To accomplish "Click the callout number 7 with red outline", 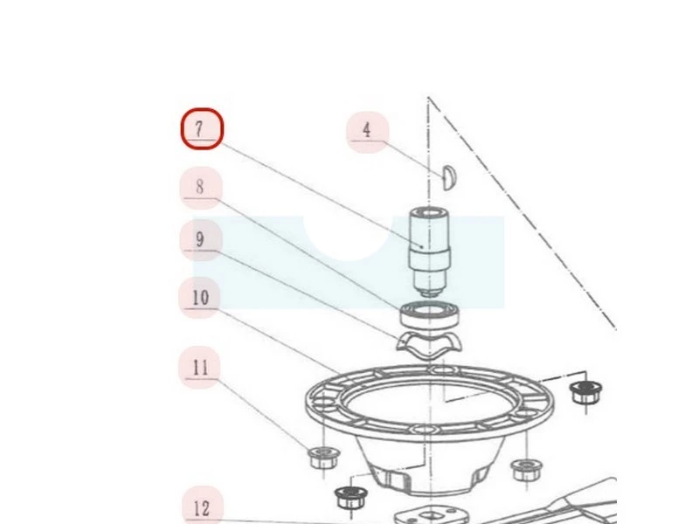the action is tap(202, 128).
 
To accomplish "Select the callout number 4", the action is tap(367, 132).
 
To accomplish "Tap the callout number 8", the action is tap(201, 188).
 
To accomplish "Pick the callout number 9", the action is tap(201, 240).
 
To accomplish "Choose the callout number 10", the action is tap(200, 298).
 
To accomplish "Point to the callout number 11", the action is tap(200, 368).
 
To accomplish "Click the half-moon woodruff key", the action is tap(447, 177).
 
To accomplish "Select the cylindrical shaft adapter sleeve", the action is tap(429, 252).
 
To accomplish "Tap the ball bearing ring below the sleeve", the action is tap(429, 315).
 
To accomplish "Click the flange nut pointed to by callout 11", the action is tap(323, 458).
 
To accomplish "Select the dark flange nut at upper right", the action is tap(585, 392).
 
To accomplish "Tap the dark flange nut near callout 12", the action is tap(351, 498).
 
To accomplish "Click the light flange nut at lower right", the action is tap(527, 470).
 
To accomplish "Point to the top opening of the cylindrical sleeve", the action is tap(429, 213).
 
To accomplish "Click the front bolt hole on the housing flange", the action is tap(424, 430).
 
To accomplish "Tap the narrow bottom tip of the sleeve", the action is tap(429, 293).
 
